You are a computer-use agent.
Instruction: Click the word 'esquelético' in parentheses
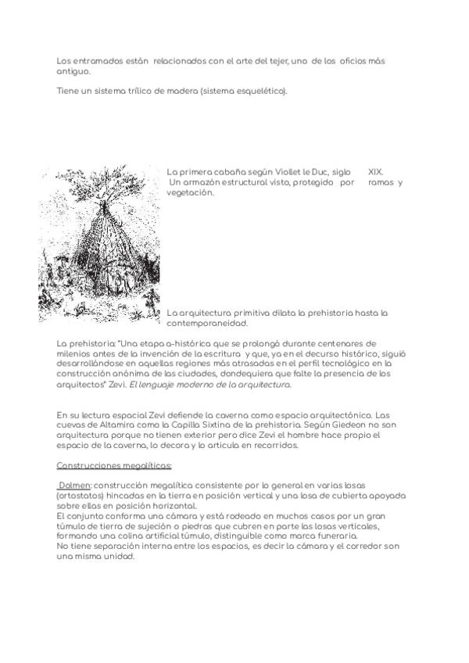pyautogui.click(x=263, y=91)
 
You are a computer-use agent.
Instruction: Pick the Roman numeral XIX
pyautogui.click(x=375, y=172)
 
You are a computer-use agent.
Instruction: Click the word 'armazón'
pyautogui.click(x=206, y=182)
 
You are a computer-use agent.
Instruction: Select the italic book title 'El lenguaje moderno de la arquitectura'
pyautogui.click(x=210, y=384)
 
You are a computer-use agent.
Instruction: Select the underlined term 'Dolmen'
pyautogui.click(x=74, y=486)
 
